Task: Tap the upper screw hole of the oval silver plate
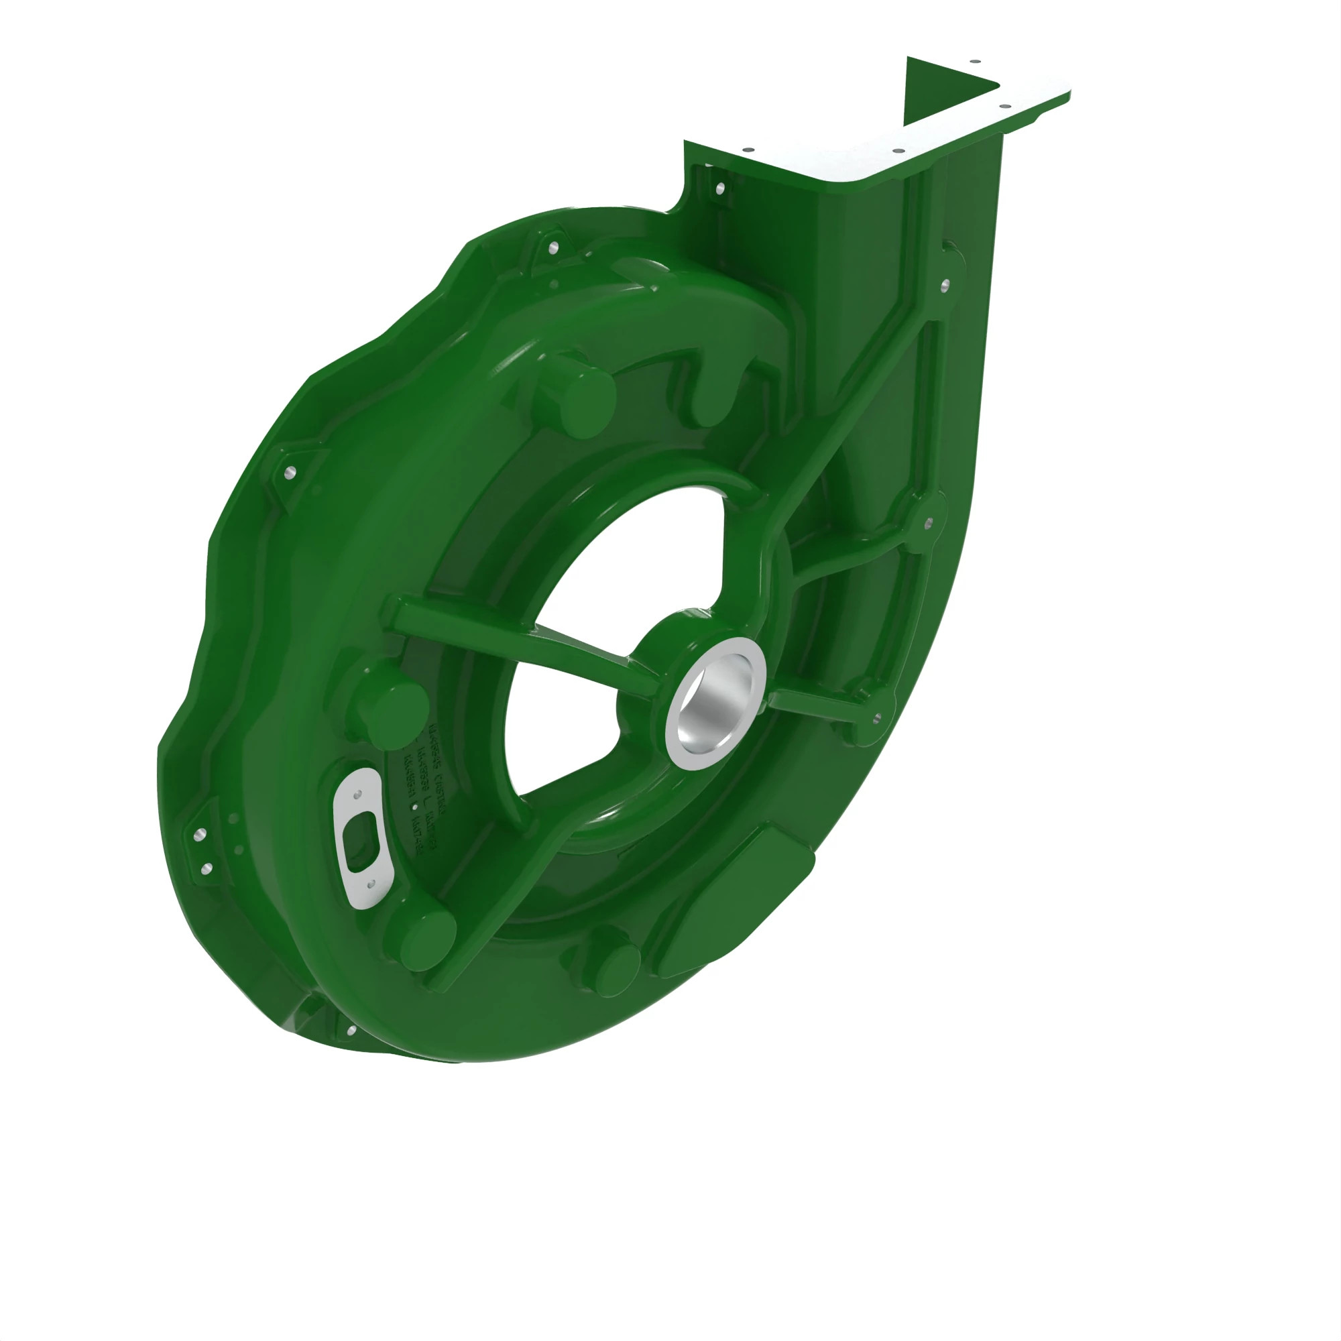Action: (358, 795)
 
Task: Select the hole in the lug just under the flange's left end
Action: (719, 188)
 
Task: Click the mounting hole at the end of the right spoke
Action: (875, 718)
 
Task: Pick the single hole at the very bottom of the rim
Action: (351, 1031)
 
